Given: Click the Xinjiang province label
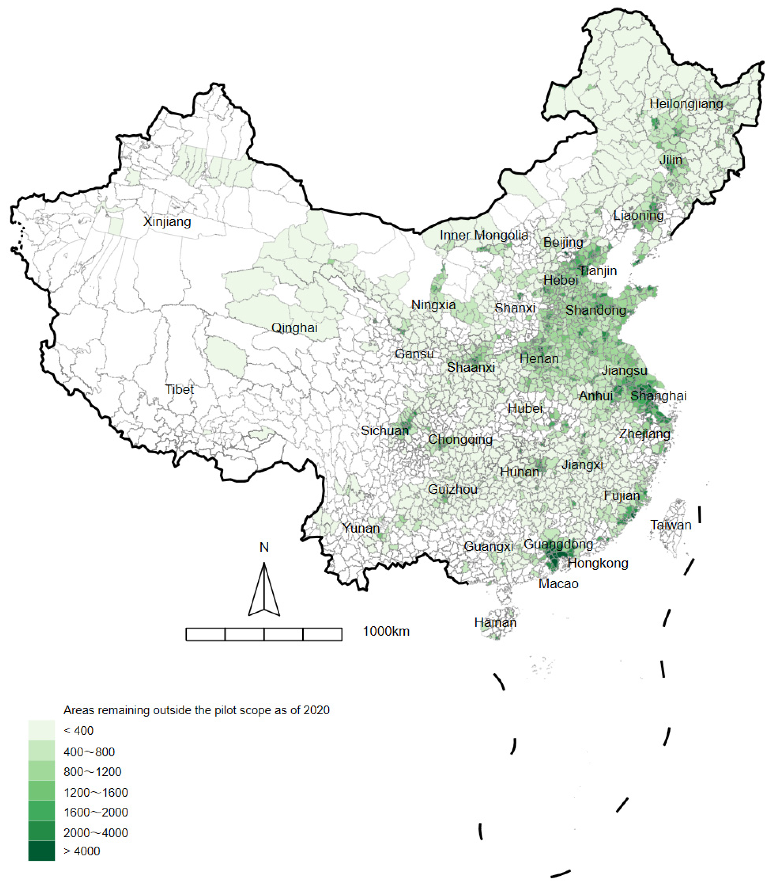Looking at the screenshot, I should point(167,222).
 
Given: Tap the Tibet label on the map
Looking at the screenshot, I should point(179,389).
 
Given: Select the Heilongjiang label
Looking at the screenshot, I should point(686,104).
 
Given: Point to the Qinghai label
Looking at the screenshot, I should point(294,328).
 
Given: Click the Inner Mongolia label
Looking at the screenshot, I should point(484,235).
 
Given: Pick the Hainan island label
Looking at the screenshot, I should point(495,623).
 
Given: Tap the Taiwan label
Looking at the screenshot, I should point(670,525).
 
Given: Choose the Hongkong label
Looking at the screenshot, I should point(598,563).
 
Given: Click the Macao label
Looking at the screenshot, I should point(558,584).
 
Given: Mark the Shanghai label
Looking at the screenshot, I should point(658,396).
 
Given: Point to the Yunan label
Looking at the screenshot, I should point(361,528).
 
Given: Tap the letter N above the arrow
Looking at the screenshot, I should point(264,547).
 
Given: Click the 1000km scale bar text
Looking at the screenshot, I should point(386,631).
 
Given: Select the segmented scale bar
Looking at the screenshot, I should point(264,634).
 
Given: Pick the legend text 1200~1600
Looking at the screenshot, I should point(96,792).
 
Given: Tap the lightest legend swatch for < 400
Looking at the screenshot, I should point(42,730).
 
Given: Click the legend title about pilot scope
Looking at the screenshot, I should point(196,710).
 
